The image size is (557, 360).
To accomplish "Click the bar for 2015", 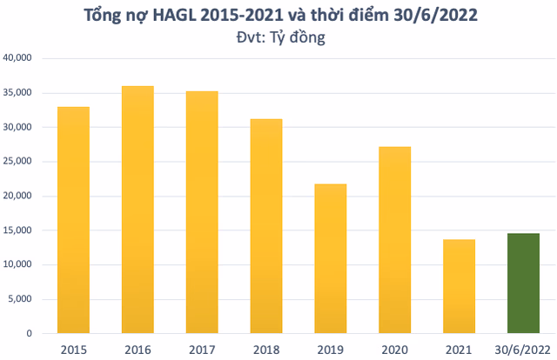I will coord(73,220).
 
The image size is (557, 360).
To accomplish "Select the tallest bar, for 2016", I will coord(138,210).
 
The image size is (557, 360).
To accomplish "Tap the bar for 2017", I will coord(202,212).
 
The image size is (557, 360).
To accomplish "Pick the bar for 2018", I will coord(266,226).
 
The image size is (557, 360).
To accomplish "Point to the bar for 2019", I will coord(331,258).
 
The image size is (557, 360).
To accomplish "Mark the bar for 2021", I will coord(460,286).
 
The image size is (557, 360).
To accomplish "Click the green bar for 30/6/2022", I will coord(523,283).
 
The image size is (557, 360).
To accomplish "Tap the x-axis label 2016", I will coord(138,349).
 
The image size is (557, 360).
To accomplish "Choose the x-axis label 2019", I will coord(331,349).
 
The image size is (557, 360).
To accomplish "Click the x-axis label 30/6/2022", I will coord(523,349).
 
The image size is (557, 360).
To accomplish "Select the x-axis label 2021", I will coord(460,349).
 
